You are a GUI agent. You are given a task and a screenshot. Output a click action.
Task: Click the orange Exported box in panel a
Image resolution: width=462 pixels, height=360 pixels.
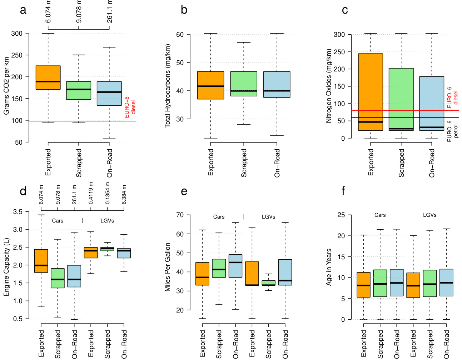coord(48,77)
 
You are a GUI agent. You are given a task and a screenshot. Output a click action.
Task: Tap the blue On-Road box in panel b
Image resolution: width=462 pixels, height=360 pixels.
coord(277,84)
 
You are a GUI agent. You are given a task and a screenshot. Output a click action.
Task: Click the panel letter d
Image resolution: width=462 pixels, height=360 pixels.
coord(23,191)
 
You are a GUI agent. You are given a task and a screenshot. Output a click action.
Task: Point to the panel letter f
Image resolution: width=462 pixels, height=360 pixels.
coord(343,191)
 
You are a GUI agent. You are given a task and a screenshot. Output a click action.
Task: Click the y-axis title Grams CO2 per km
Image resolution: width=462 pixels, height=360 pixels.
coord(6,86)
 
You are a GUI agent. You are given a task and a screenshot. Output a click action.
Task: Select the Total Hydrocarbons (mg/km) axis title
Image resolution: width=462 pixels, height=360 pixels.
coord(168,86)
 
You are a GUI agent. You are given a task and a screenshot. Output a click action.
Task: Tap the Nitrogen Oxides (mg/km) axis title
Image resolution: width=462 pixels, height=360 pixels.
coord(329,86)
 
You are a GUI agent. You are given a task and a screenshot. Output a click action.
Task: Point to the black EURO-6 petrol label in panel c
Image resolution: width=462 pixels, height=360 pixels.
coord(452,131)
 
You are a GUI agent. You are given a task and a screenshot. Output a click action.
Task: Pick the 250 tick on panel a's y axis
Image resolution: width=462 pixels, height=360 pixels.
coord(17,55)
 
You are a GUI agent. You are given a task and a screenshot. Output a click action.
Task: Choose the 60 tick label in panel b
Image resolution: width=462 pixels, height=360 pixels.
coord(180,35)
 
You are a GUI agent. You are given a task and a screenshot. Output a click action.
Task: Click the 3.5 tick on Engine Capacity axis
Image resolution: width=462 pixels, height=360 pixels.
coord(18,212)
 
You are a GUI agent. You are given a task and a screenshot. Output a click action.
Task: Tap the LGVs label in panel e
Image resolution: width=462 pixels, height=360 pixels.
coord(268,217)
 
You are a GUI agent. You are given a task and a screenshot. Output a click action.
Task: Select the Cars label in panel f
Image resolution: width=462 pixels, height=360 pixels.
coord(380,215)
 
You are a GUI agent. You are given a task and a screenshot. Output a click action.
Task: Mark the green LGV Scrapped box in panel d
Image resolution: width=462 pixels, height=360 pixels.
coord(107,249)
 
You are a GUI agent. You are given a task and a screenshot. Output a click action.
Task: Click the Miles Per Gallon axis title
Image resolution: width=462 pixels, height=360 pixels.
coord(168,267)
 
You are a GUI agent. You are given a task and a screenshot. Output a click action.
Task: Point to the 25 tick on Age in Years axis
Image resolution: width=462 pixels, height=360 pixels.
coord(341,215)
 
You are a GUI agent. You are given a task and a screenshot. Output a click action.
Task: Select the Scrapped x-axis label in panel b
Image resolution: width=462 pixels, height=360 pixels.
coord(244,163)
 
